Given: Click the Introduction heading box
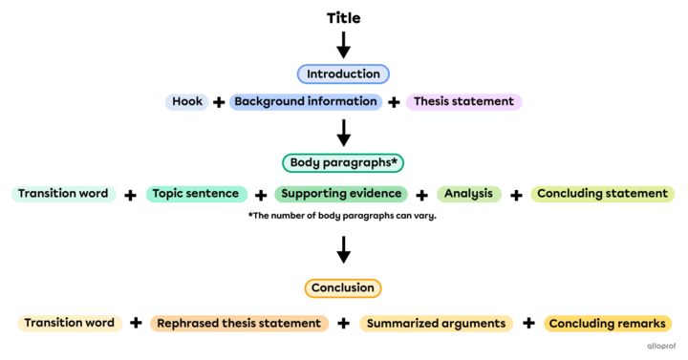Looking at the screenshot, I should tap(343, 74).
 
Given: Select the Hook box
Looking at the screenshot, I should tap(186, 101).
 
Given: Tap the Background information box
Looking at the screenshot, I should tap(306, 101).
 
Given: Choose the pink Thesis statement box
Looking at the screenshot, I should tap(463, 101).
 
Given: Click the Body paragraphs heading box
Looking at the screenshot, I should tap(343, 163).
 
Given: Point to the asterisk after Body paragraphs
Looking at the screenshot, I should tap(395, 161).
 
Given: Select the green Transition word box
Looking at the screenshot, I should tap(63, 194).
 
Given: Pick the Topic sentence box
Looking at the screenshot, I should tap(196, 194).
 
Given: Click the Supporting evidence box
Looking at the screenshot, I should tap(340, 194).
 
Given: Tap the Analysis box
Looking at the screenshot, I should tap(468, 194).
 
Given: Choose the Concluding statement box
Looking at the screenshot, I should tap(602, 194).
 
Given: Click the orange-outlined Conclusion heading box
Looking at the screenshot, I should tap(343, 287).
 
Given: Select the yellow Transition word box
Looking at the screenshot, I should tap(69, 324).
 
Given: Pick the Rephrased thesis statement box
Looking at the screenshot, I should tap(239, 324).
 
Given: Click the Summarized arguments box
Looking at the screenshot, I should tap(436, 324).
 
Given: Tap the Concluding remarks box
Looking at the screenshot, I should tap(607, 324).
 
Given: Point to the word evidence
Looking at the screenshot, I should tap(376, 194).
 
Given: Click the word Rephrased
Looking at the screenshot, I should tap(188, 324).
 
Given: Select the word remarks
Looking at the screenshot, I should tap(641, 324).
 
